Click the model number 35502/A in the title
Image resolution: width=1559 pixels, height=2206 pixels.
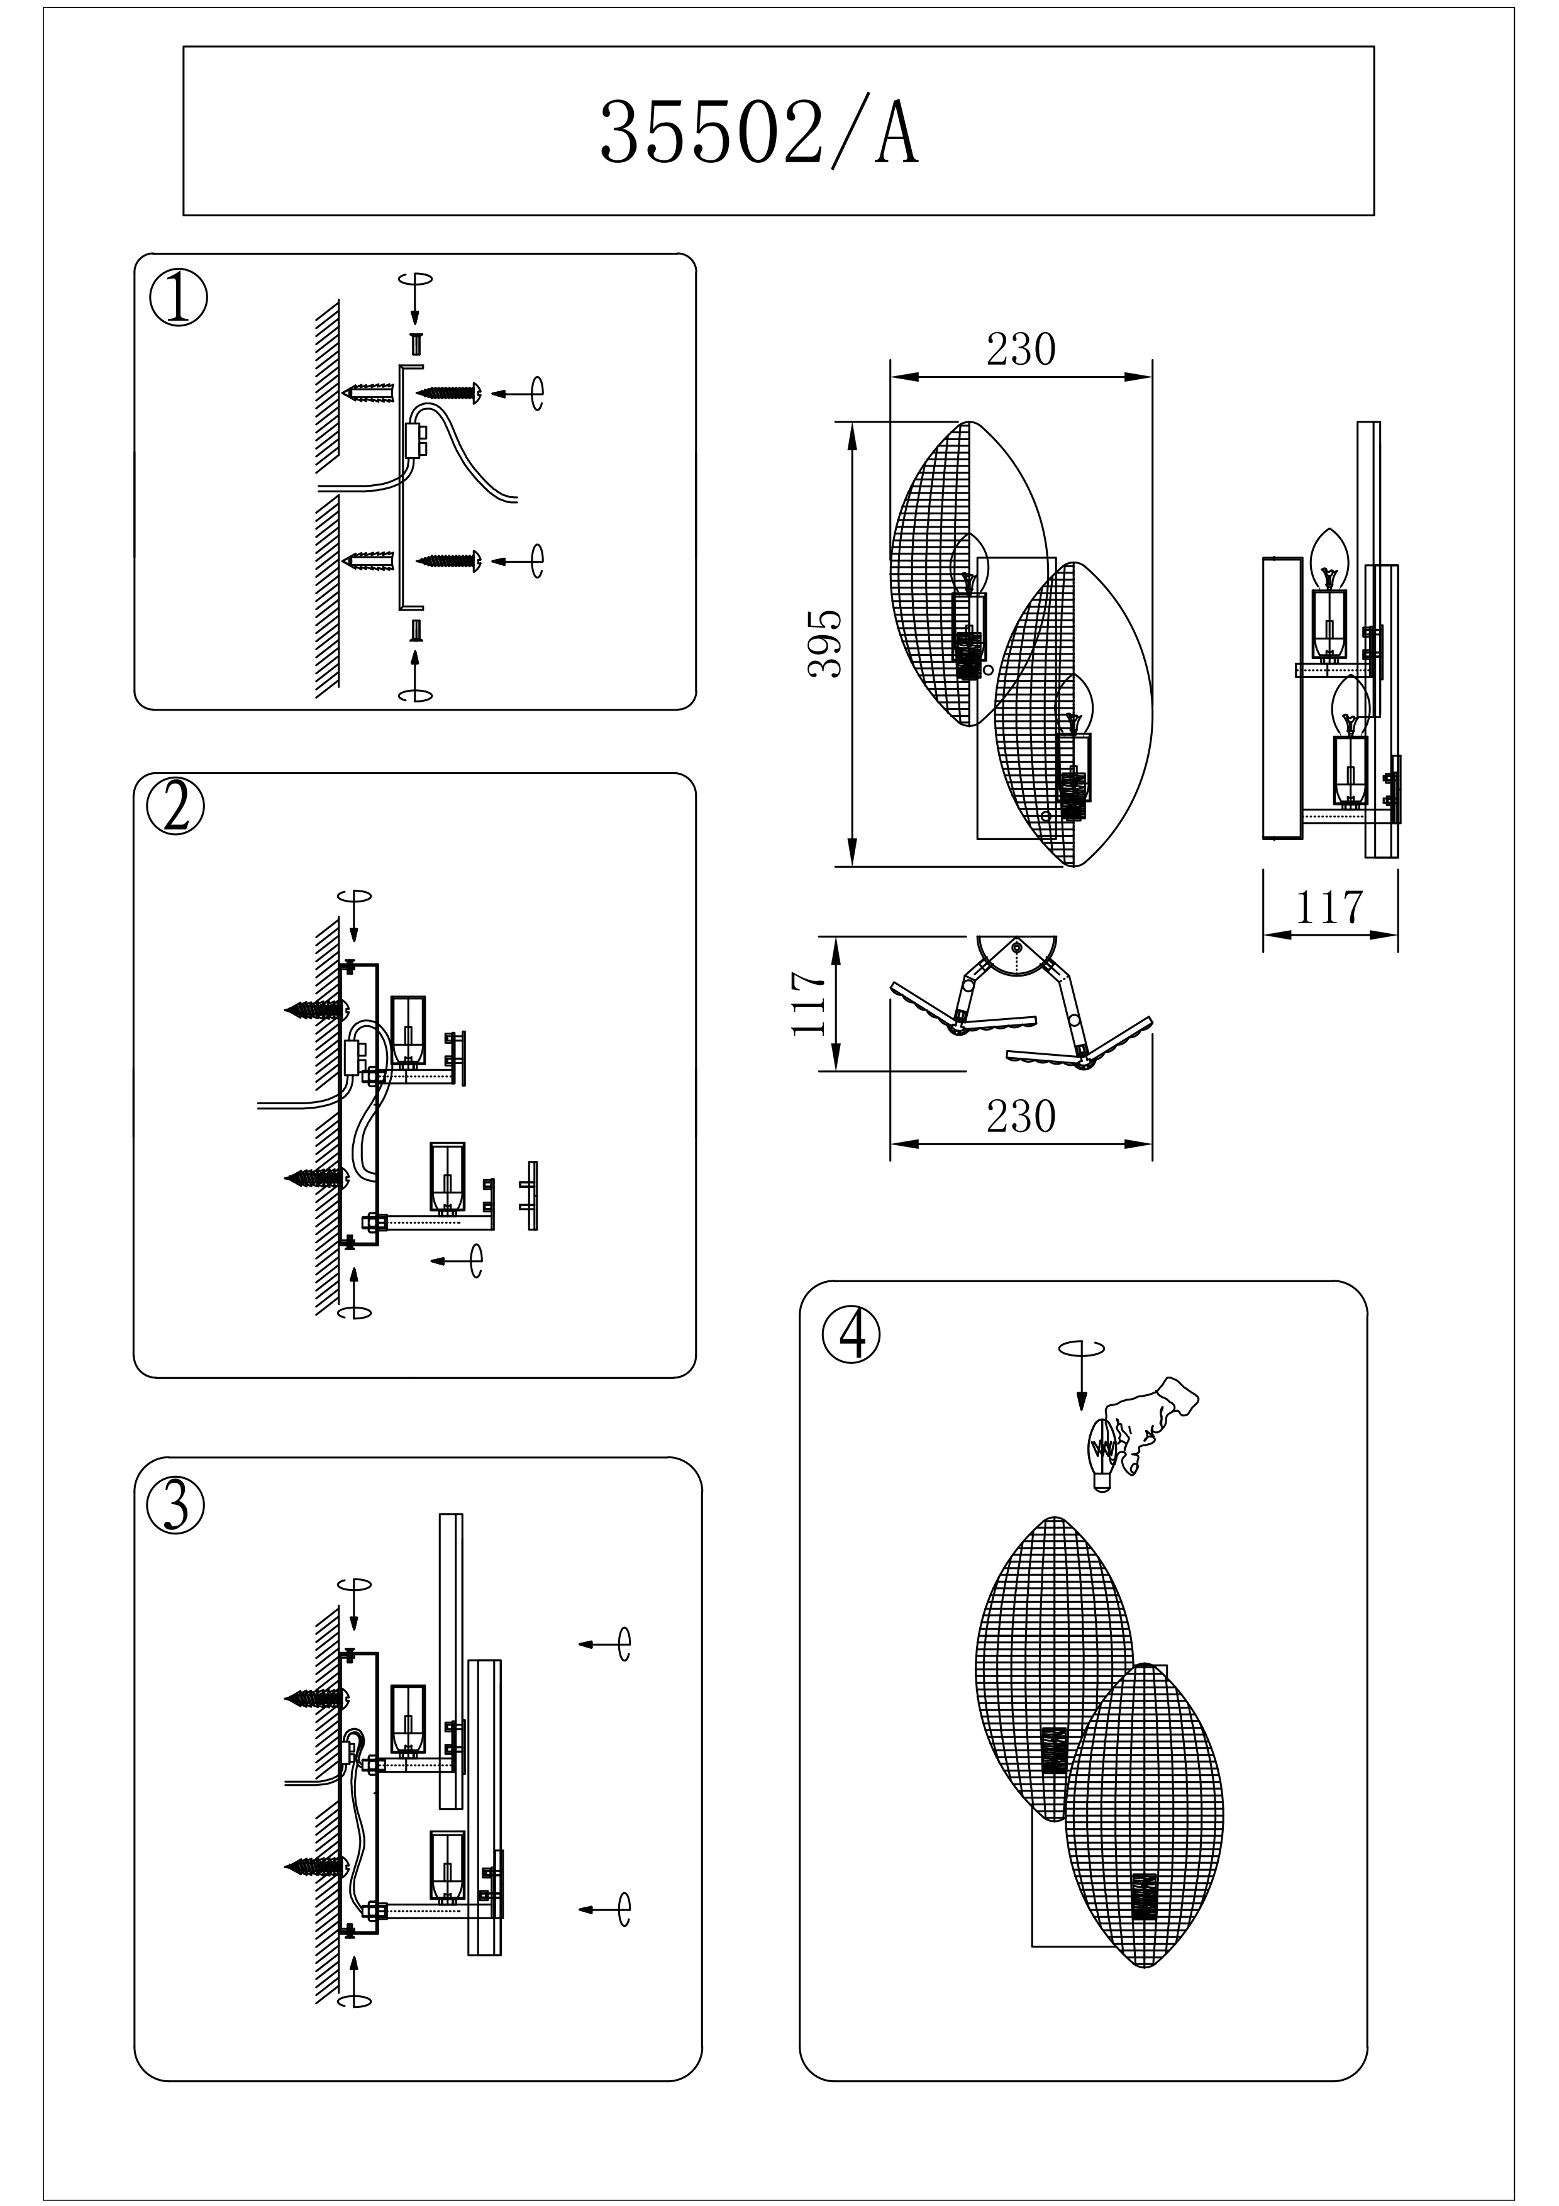pyautogui.click(x=759, y=135)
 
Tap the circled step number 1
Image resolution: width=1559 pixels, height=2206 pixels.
pyautogui.click(x=178, y=301)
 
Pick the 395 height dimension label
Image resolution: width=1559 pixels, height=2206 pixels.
pyautogui.click(x=825, y=644)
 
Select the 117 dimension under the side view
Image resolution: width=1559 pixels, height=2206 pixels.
pyautogui.click(x=1329, y=906)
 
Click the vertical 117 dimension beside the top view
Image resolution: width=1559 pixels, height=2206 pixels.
pyautogui.click(x=809, y=1003)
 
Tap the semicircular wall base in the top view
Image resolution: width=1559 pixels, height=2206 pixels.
pyautogui.click(x=1018, y=953)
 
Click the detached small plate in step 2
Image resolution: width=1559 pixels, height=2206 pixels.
pyautogui.click(x=531, y=1195)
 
